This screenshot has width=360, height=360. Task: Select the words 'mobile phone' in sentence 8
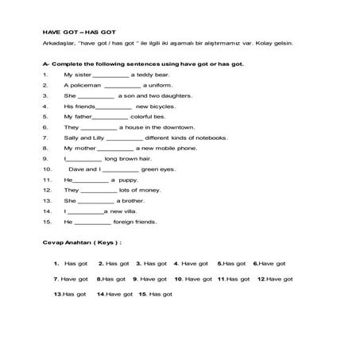pos(179,148)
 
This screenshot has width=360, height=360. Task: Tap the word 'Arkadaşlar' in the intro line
pos(60,45)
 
